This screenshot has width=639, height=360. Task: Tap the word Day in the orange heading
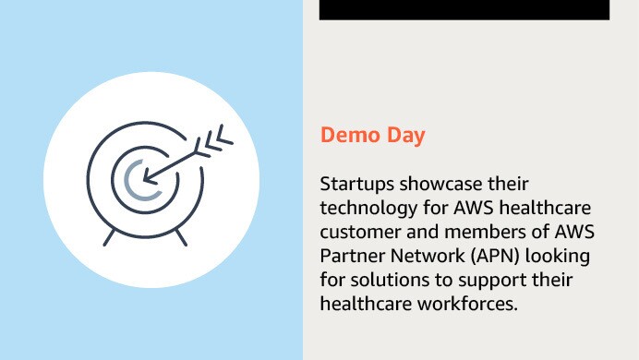click(404, 137)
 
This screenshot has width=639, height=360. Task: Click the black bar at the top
click(464, 9)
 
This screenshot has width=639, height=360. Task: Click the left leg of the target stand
click(110, 236)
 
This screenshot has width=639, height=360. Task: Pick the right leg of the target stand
click(182, 236)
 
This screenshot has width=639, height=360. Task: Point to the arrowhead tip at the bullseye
click(145, 176)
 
